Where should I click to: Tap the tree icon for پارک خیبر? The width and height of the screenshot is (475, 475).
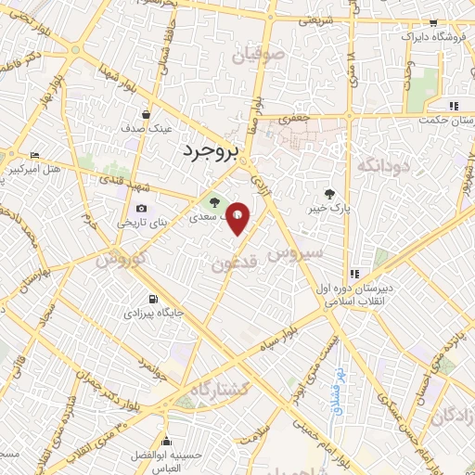tap(329, 193)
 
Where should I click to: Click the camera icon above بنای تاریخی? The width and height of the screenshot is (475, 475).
tap(141, 209)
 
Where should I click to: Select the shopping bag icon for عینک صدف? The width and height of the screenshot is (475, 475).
tap(146, 114)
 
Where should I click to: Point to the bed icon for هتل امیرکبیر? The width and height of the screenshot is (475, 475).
tap(35, 155)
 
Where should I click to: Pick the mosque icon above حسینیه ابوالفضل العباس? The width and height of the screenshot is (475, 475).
tap(166, 440)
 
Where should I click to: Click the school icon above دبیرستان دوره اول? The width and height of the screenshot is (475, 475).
tap(354, 274)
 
